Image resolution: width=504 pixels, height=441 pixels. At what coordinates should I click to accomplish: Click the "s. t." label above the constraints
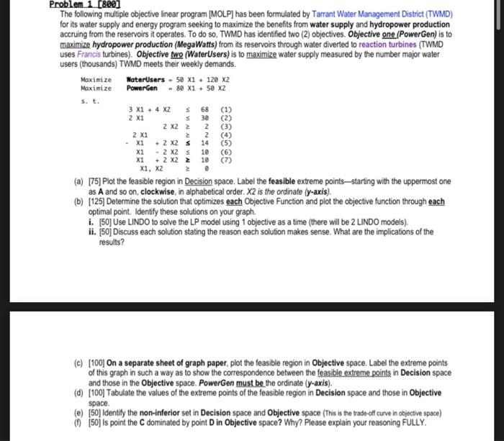[x=89, y=101]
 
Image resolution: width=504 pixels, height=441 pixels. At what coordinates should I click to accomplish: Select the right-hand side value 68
[x=204, y=110]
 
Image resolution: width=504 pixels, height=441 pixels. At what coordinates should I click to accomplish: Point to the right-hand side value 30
[x=204, y=118]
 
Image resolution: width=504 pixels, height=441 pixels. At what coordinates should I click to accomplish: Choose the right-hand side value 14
[x=204, y=142]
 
